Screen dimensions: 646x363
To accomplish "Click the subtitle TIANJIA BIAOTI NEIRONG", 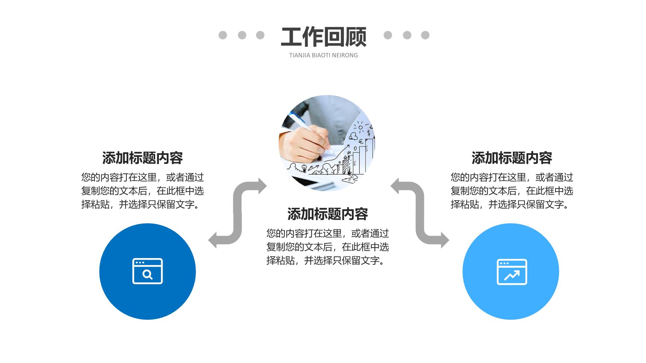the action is coord(323,55).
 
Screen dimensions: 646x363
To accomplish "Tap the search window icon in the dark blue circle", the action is coord(147,271).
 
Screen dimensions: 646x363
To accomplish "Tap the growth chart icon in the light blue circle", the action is coord(511,272).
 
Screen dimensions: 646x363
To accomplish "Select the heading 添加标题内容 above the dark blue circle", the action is coord(142,158).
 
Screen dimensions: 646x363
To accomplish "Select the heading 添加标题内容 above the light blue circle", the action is coord(512,158).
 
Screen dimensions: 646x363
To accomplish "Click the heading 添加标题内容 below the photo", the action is coord(327,214).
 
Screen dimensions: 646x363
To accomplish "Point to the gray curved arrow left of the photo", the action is coord(237,213).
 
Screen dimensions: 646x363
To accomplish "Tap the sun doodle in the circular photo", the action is coord(360,127).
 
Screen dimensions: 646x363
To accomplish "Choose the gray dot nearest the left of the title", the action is coord(260,35).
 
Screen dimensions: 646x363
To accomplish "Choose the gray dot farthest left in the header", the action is coord(223,35).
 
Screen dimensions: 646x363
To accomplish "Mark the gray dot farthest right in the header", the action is coord(425,35).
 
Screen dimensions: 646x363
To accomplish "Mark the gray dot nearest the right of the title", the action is coord(388,35).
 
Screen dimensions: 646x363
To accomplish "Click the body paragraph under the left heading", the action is coord(142,191).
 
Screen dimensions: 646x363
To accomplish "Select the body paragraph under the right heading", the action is coord(512,191).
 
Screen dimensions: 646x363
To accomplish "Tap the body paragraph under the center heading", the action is coord(327,247).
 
